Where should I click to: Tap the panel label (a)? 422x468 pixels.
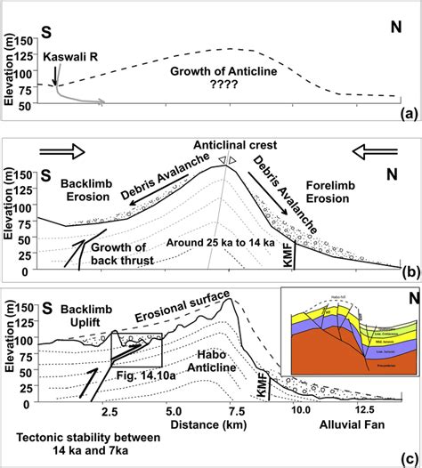tap(407, 113)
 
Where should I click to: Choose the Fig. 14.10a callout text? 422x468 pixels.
tap(144, 377)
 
